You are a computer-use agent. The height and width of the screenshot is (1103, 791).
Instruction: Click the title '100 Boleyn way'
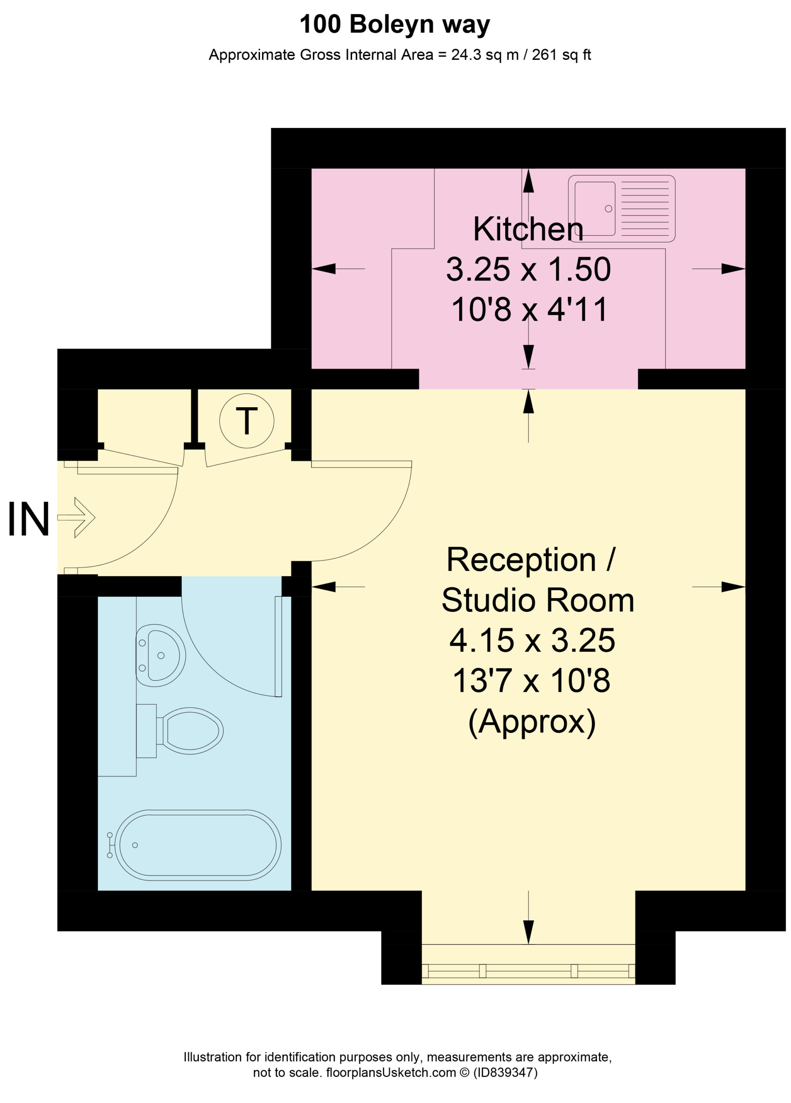[395, 24]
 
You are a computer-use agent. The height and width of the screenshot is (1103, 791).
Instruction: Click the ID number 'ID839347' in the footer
[505, 1072]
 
